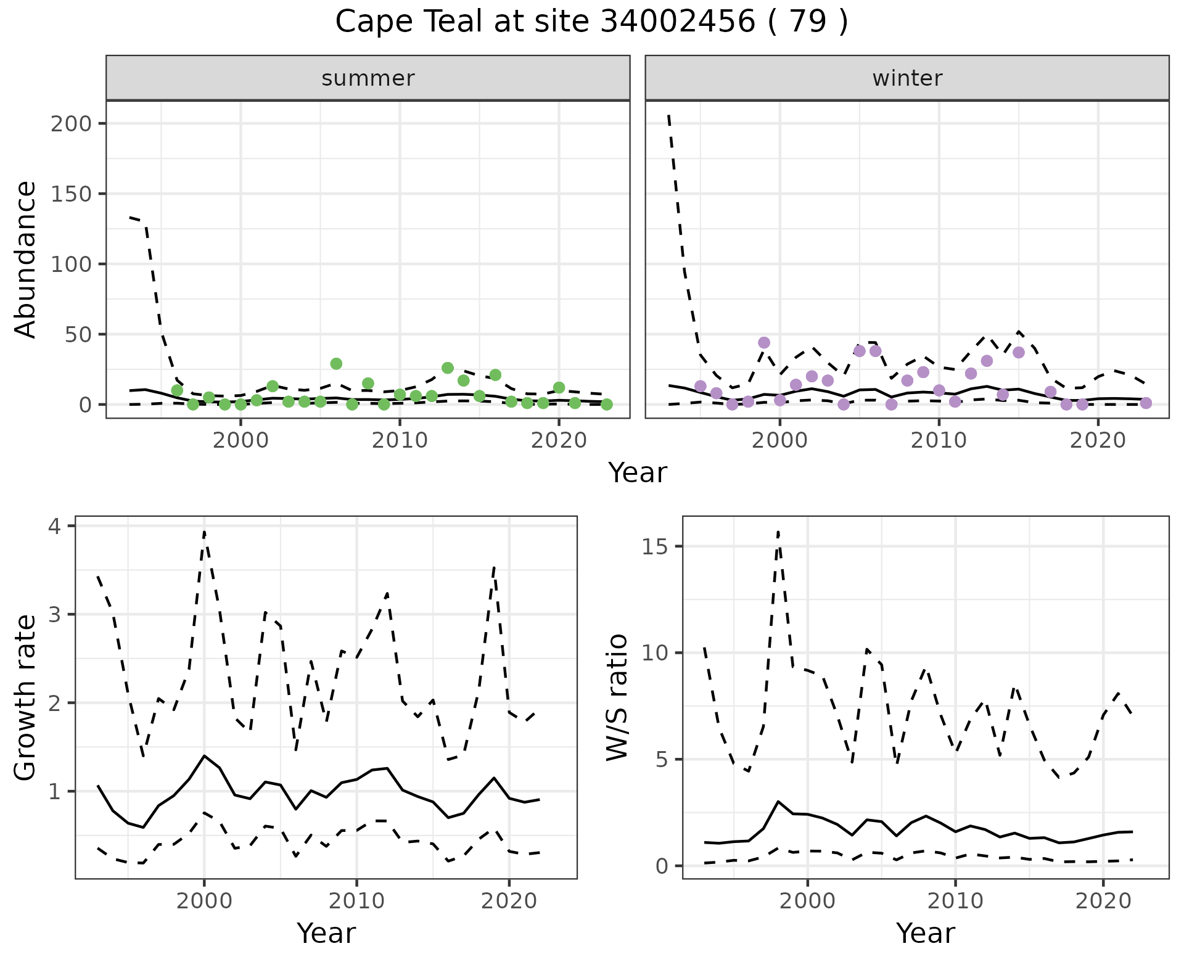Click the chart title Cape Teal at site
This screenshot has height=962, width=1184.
point(591,22)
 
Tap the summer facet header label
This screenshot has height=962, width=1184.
point(368,78)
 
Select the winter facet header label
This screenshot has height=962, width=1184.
point(906,78)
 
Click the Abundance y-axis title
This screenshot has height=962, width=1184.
point(26,260)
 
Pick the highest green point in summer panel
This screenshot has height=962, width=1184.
point(336,364)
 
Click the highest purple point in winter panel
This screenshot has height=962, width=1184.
point(764,343)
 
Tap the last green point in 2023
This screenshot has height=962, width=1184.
point(607,405)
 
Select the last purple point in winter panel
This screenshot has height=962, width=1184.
point(1146,403)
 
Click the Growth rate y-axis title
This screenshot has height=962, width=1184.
point(26,698)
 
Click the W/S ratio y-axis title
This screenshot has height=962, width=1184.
point(617,698)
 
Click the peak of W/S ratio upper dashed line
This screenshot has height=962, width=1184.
point(778,531)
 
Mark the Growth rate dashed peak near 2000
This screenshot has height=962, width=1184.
point(204,531)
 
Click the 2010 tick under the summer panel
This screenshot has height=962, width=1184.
point(400,441)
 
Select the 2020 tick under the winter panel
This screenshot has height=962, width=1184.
point(1098,441)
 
